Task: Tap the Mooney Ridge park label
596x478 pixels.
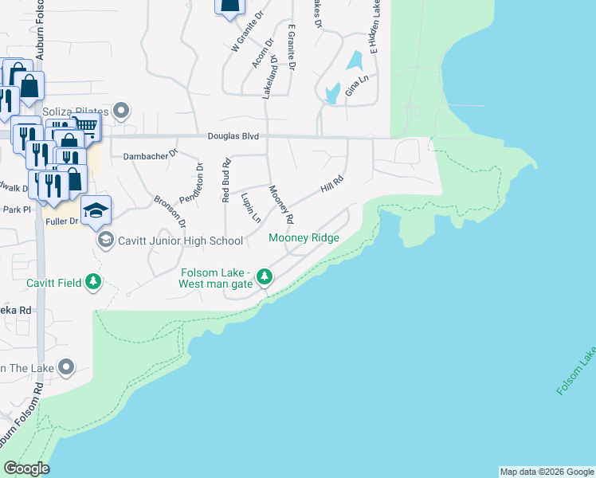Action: click(304, 237)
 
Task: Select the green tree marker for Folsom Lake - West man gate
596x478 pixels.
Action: click(265, 278)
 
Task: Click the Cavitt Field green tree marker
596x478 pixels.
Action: click(94, 281)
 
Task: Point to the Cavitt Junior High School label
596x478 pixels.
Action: click(180, 240)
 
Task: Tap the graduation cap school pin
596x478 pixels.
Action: click(96, 210)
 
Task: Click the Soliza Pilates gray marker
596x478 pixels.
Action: click(122, 110)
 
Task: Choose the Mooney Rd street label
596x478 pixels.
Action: click(282, 204)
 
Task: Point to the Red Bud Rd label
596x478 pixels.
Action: click(226, 179)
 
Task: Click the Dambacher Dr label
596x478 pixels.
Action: click(150, 157)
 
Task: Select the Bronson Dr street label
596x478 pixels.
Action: click(170, 211)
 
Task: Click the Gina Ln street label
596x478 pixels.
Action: click(356, 86)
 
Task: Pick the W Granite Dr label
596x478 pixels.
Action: click(246, 32)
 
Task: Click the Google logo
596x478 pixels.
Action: click(26, 468)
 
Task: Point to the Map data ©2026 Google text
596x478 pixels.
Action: click(546, 472)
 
